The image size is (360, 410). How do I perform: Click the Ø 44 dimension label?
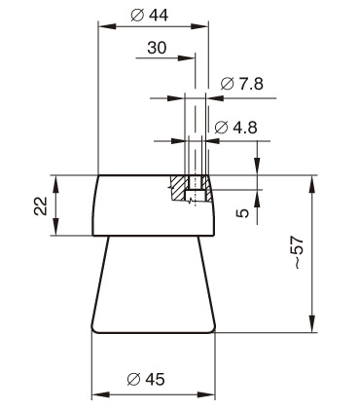[x=150, y=16]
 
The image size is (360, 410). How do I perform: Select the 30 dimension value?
[x=157, y=48]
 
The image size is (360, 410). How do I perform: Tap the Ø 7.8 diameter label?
[x=242, y=84]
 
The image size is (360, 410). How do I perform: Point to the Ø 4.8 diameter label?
[x=236, y=128]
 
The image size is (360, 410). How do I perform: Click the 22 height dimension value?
[x=41, y=205]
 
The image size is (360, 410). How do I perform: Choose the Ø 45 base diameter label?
[x=146, y=379]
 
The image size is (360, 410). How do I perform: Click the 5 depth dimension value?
[x=243, y=213]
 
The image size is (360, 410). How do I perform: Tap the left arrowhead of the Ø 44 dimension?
[x=107, y=26]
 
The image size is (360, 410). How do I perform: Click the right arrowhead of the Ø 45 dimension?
[x=206, y=395]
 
